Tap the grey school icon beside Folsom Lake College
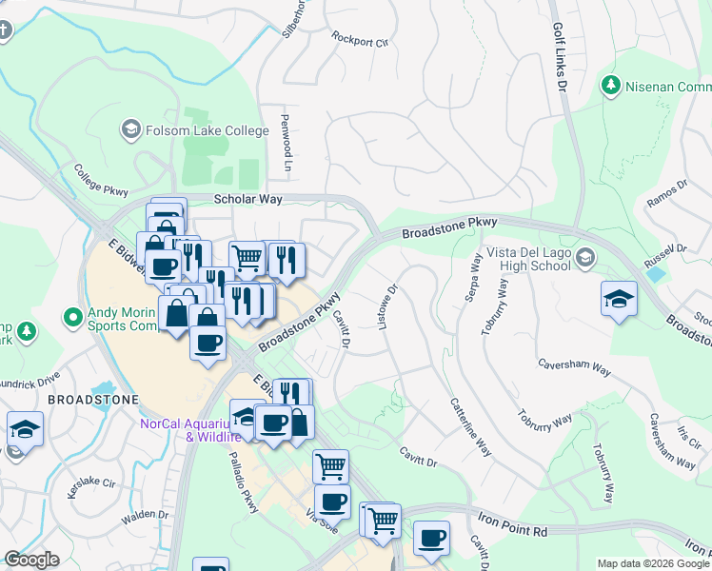tap(130, 128)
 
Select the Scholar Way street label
tap(248, 199)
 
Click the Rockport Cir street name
tap(361, 41)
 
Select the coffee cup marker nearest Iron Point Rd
tap(431, 539)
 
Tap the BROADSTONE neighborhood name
tap(93, 400)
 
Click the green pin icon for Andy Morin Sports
tap(72, 316)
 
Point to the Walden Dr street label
tap(145, 515)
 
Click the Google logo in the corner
tap(31, 560)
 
